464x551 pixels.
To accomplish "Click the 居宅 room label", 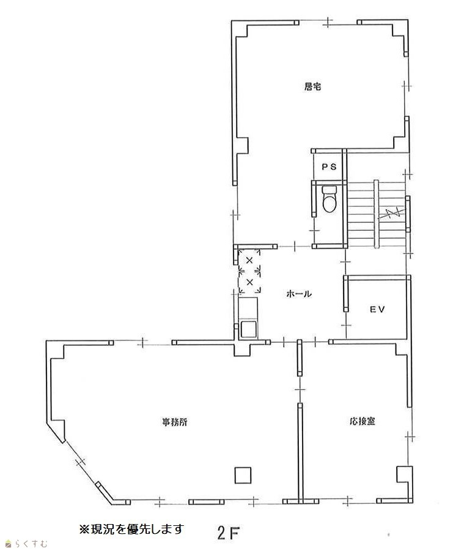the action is coord(312,86).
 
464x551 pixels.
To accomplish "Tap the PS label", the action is coord(330,167).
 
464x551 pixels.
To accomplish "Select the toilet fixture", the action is coord(330,199).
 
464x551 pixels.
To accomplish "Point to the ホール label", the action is coord(299,294).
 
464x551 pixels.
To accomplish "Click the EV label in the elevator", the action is coord(377,309).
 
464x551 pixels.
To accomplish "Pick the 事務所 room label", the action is coord(174,422).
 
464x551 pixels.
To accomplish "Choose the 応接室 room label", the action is coord(363,421).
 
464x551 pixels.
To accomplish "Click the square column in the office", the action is coord(243,475).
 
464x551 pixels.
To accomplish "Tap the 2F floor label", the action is coord(229,533).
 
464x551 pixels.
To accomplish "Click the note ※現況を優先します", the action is coord(131,529).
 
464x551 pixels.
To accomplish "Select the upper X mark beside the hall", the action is coord(249,260).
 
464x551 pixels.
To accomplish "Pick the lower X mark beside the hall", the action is coord(249,282).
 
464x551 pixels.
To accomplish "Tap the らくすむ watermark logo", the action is coord(26,544).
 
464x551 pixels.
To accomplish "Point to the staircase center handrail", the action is coord(376,214).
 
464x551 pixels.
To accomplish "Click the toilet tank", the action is coord(330,190).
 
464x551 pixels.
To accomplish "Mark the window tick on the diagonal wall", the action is coord(81,462).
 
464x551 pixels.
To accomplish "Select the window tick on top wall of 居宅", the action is coord(328,22).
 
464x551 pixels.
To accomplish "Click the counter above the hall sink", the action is coord(248,309).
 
